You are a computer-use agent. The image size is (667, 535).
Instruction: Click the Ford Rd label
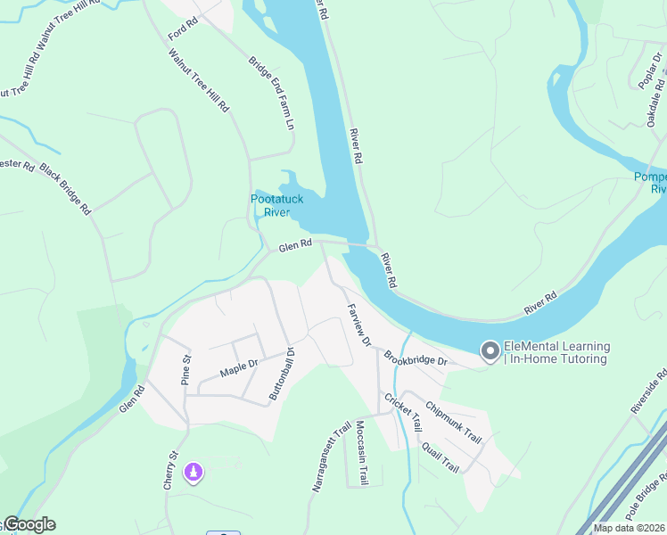tap(182, 29)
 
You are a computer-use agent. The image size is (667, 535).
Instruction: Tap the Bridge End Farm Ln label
tap(271, 94)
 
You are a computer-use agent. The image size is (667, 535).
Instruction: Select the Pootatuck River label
tap(269, 206)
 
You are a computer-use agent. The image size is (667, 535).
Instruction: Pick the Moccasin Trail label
tap(362, 453)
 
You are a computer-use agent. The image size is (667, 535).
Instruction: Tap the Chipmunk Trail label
tap(453, 422)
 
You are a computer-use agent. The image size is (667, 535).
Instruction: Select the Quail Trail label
tap(440, 457)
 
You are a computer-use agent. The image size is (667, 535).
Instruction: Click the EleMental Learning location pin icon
tap(490, 352)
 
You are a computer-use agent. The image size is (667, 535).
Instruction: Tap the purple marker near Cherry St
tap(193, 472)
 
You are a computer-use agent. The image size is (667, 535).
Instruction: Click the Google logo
tap(29, 525)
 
